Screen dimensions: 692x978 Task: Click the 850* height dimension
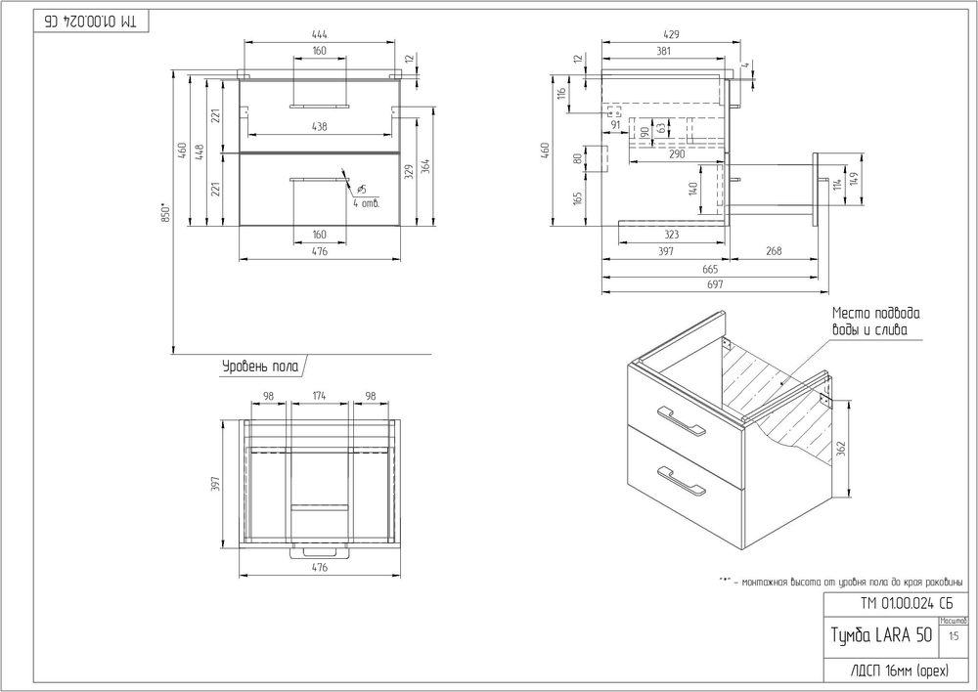coord(166,213)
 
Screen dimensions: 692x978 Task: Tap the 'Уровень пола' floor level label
coord(258,367)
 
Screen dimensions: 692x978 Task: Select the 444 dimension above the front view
coord(320,35)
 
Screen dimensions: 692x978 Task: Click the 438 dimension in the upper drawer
coord(319,127)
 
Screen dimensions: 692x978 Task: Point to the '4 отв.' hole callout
coord(366,202)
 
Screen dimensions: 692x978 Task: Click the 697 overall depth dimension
coord(715,284)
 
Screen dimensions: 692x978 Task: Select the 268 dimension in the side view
coord(774,252)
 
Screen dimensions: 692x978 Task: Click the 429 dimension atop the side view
coord(670,35)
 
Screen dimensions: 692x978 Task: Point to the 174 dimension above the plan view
coord(319,396)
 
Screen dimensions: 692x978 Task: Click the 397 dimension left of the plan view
coord(217,483)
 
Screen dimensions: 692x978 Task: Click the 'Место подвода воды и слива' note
coord(876,323)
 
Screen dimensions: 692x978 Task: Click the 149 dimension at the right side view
coord(853,179)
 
